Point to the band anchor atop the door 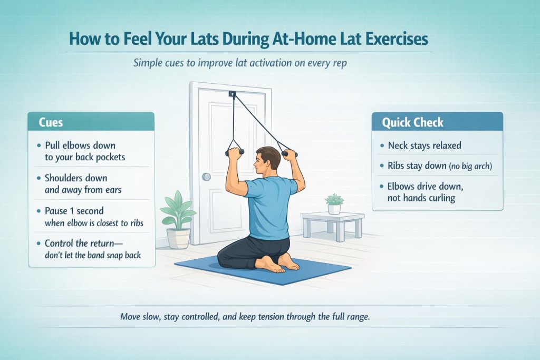233,94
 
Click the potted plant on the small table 334,203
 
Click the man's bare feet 279,262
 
